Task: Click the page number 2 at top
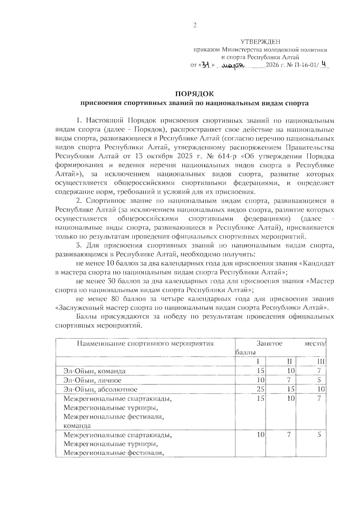(194, 26)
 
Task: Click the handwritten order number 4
(323, 64)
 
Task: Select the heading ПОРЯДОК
(194, 94)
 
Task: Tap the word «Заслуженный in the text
(78, 308)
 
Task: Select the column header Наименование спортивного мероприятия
(145, 344)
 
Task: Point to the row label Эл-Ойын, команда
(94, 371)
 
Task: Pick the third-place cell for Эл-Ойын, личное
(319, 380)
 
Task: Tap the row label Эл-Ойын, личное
(92, 380)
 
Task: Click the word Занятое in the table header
(269, 344)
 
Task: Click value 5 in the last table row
(319, 434)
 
